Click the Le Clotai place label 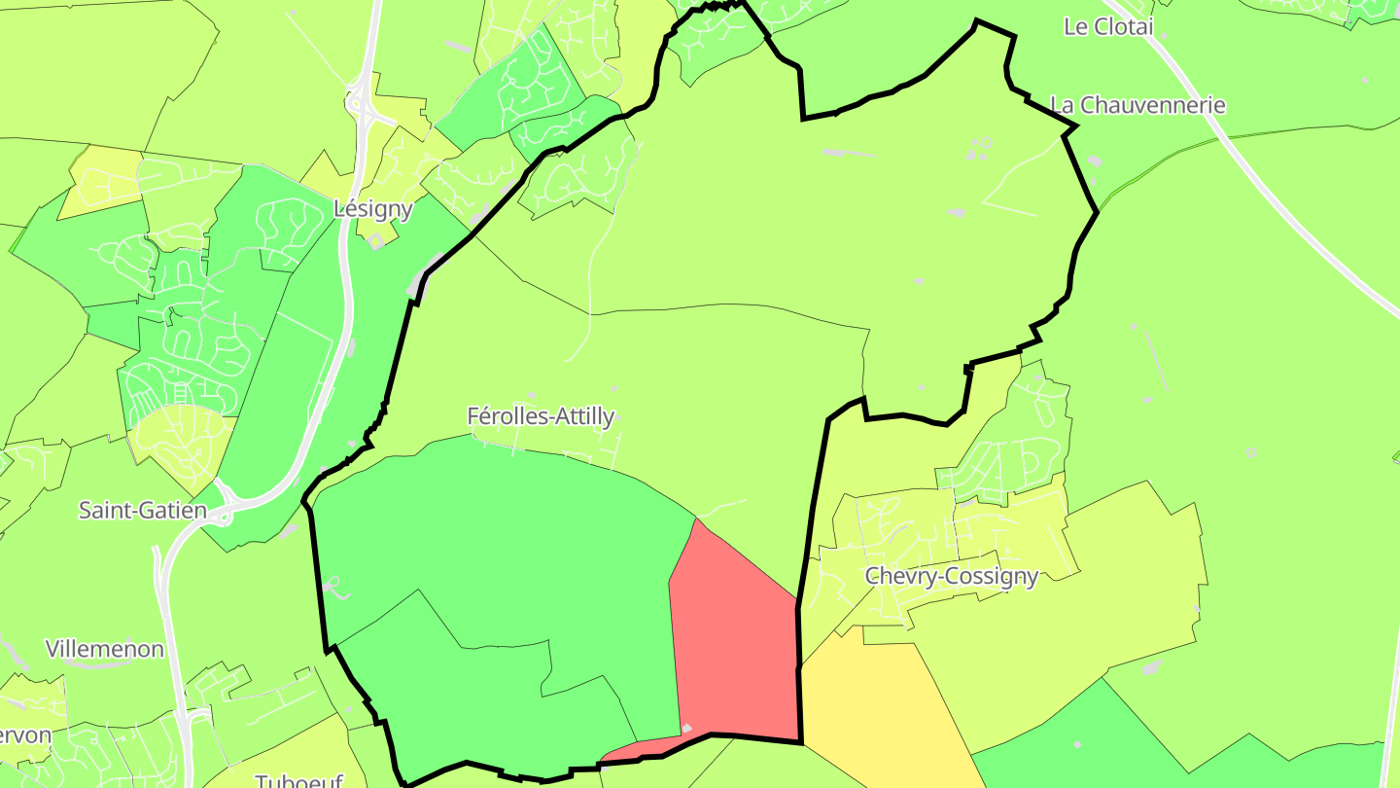pos(1108,27)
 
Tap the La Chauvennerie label pos(1138,105)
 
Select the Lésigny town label pos(373,208)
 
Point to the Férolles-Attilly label pos(541,416)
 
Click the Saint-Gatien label pos(143,510)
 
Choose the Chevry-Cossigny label pos(952,577)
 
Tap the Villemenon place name pos(105,649)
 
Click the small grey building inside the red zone pos(686,728)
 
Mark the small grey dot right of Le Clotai pos(1164,35)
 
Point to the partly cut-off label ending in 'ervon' pos(25,734)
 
